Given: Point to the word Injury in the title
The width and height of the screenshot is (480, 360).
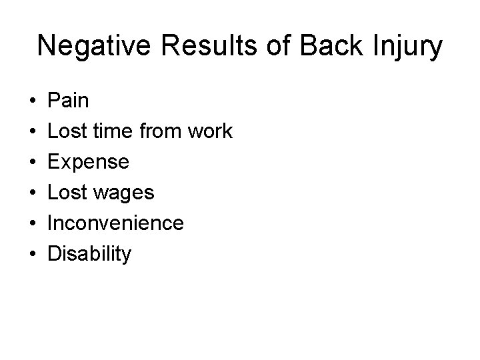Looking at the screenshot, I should [x=407, y=46].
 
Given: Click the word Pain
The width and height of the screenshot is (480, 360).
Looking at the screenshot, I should [x=69, y=101].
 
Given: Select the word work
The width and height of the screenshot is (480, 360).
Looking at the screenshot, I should [x=210, y=132].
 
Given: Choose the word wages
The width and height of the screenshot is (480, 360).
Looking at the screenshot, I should [x=125, y=193].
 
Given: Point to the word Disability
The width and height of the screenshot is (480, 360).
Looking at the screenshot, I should [x=90, y=254].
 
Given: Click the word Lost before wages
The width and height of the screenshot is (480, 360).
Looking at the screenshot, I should [x=69, y=193].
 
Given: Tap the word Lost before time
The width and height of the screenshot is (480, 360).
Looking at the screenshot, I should [x=69, y=132].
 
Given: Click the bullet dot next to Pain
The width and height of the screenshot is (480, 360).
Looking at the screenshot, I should [x=32, y=102].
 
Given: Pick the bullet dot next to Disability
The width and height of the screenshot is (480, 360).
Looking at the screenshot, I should [x=32, y=255].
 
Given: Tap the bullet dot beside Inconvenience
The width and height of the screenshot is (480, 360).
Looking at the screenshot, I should [x=32, y=224].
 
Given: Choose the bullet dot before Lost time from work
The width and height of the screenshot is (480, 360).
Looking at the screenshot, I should [x=32, y=133].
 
